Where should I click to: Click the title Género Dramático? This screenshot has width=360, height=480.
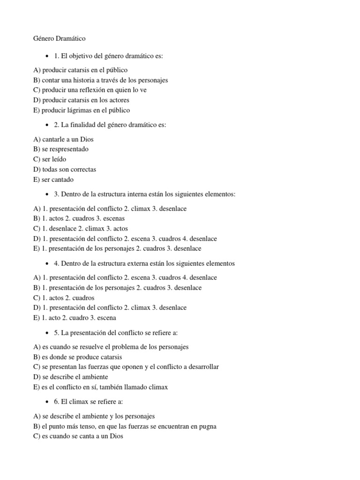60,38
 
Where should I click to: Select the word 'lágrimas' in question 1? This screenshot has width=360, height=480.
83,110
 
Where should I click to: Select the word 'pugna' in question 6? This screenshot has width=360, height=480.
207,427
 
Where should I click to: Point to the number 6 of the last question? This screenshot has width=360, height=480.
56,402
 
